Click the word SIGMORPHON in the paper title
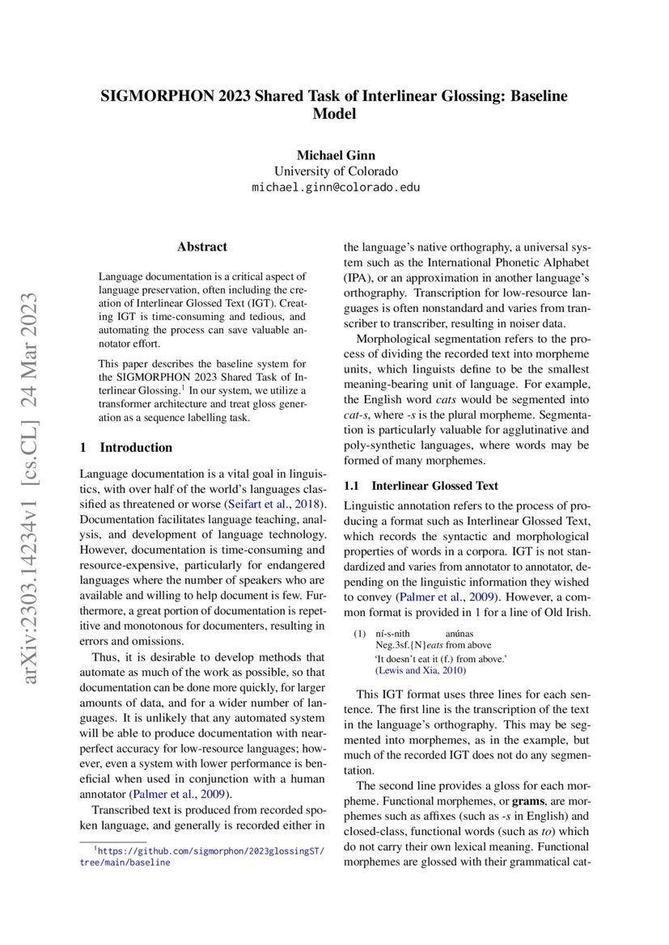click(x=151, y=96)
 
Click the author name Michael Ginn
click(x=335, y=155)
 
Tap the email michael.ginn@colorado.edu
click(x=335, y=188)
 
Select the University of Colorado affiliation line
click(x=335, y=171)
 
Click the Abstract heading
click(x=202, y=247)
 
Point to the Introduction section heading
click(x=135, y=447)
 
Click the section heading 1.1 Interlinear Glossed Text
click(x=421, y=486)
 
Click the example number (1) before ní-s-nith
click(x=360, y=635)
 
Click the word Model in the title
click(x=334, y=114)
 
